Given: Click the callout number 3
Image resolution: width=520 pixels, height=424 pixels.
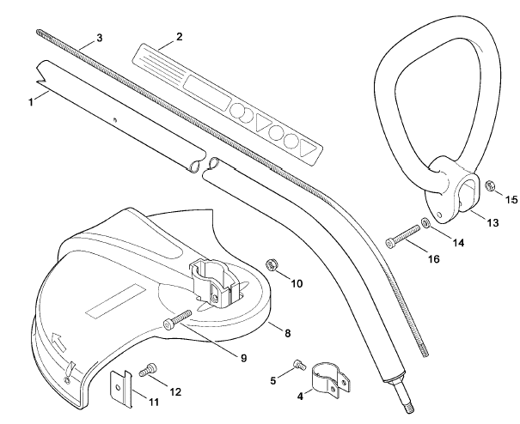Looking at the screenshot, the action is (x=99, y=38).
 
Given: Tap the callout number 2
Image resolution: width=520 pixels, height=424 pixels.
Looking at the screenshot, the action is (x=179, y=36).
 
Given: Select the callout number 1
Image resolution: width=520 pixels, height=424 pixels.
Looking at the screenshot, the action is (x=31, y=101).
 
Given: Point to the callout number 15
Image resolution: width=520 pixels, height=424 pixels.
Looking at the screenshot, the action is (x=511, y=200).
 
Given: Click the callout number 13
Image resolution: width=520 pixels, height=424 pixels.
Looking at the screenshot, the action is (x=492, y=222).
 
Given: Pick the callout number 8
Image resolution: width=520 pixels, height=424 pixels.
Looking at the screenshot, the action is (x=288, y=333).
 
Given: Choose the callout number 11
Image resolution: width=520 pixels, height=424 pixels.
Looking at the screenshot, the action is (x=154, y=403).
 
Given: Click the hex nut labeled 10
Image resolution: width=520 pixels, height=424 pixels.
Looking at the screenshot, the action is (x=272, y=265).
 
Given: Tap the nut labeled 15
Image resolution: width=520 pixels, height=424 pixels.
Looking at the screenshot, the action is (x=489, y=185).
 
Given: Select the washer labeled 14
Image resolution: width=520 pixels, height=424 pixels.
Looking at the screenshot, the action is (x=425, y=223).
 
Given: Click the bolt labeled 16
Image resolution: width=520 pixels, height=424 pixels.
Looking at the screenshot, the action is (x=402, y=236).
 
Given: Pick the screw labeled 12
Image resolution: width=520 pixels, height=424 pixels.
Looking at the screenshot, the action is (x=148, y=369).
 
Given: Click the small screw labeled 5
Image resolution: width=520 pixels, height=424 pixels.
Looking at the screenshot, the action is (x=299, y=365).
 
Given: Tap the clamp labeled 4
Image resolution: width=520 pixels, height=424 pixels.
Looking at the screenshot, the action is (x=331, y=380).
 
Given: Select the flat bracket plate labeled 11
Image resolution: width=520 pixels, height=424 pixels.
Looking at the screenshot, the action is (x=120, y=388).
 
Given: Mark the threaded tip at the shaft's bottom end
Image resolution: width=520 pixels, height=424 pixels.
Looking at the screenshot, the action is (x=408, y=409).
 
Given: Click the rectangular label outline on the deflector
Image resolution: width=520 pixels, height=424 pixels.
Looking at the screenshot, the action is (x=116, y=300).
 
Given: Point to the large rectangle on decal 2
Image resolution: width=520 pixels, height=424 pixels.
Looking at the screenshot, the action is (x=207, y=93).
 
